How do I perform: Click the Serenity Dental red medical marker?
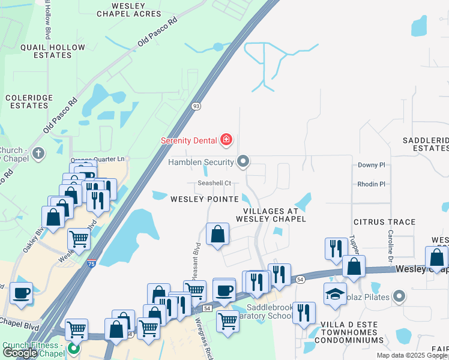click(226, 140)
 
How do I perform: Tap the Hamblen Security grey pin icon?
click(243, 161)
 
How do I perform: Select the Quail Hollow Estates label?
click(46, 51)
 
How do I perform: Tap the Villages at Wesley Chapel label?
click(274, 215)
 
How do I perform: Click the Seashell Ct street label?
click(214, 183)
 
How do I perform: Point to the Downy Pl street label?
click(371, 165)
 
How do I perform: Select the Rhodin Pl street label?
click(371, 185)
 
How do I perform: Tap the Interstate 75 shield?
click(91, 263)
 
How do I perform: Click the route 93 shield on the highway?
click(196, 106)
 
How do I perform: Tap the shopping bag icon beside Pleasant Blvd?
click(217, 233)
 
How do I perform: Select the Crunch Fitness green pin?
click(74, 348)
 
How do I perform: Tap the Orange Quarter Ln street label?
click(98, 159)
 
